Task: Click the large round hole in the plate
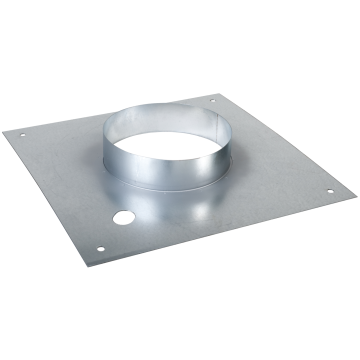123,216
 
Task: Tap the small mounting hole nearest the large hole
99,249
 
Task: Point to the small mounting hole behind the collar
212,100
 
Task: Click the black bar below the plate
180,315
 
